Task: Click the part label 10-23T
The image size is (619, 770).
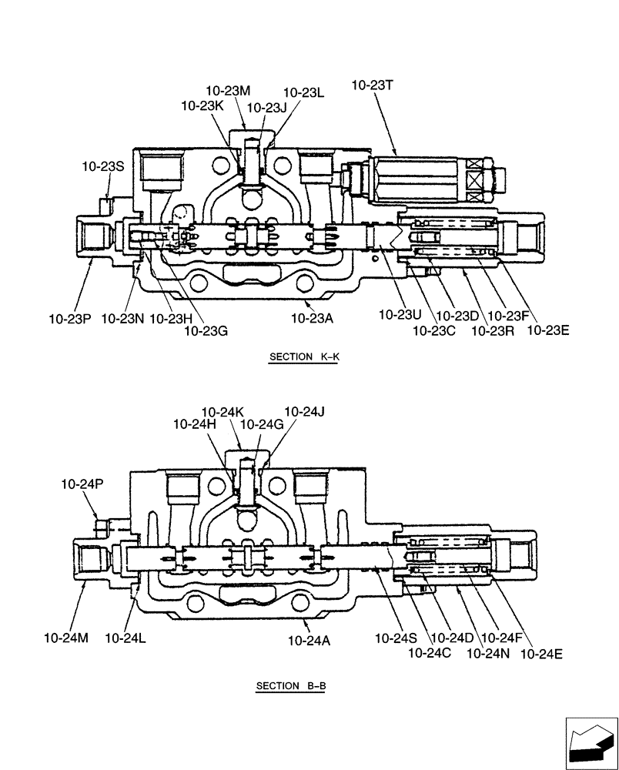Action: [372, 86]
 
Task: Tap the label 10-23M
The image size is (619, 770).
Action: [228, 91]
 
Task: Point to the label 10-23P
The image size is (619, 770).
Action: [70, 317]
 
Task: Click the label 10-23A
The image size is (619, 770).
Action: [312, 317]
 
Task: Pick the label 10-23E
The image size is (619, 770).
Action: [547, 331]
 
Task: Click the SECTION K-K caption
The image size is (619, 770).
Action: [304, 357]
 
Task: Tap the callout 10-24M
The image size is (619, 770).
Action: [65, 638]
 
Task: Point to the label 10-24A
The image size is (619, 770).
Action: [309, 639]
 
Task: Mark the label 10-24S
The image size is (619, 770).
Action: [395, 638]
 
